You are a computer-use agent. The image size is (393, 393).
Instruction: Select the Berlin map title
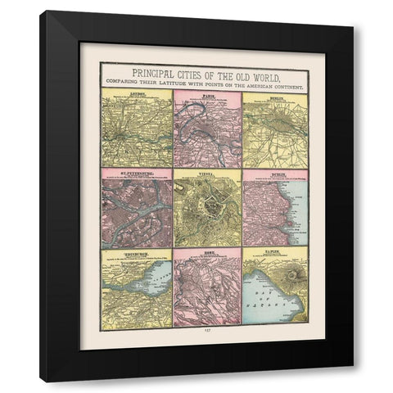click(x=279, y=95)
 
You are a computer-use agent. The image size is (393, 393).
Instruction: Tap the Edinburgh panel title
click(x=137, y=254)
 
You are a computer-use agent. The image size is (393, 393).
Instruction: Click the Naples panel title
click(x=279, y=254)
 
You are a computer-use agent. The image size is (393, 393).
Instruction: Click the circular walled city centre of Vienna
click(x=208, y=213)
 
